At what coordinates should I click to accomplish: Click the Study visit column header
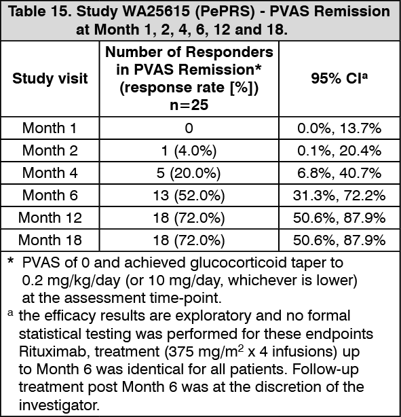(x=50, y=79)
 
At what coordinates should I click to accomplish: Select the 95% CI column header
(x=339, y=78)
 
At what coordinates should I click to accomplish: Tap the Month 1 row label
(x=50, y=128)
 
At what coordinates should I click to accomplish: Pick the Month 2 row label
(x=50, y=150)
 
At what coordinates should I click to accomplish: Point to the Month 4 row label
(x=50, y=173)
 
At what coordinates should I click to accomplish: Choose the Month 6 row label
(x=50, y=195)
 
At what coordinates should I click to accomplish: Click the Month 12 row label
(x=50, y=217)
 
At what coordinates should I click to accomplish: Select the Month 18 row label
(x=50, y=240)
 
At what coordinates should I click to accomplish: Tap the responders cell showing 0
(x=189, y=128)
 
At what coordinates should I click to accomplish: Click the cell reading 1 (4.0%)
(x=189, y=151)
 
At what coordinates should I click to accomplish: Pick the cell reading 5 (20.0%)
(x=189, y=173)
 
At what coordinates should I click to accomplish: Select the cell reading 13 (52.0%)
(x=189, y=195)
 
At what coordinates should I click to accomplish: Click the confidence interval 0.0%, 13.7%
(x=339, y=128)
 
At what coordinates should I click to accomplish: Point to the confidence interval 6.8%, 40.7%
(x=339, y=173)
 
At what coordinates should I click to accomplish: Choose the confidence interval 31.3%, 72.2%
(x=339, y=195)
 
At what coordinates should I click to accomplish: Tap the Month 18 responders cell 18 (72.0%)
(x=189, y=240)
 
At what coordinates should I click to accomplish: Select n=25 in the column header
(x=189, y=105)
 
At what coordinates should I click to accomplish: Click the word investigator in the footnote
(x=59, y=405)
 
